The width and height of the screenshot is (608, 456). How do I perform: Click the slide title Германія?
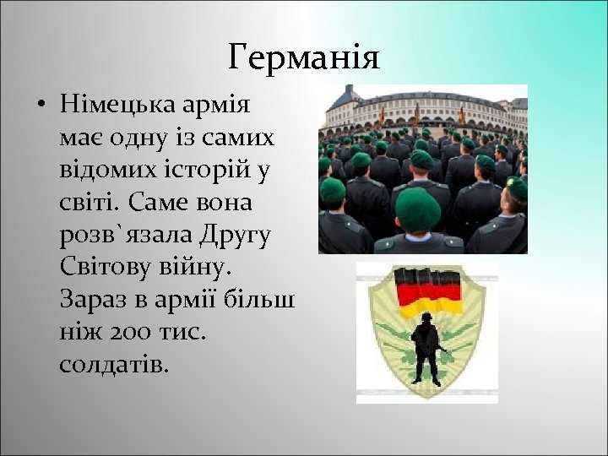click(x=304, y=57)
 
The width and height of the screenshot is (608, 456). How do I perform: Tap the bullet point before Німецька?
click(x=41, y=108)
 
